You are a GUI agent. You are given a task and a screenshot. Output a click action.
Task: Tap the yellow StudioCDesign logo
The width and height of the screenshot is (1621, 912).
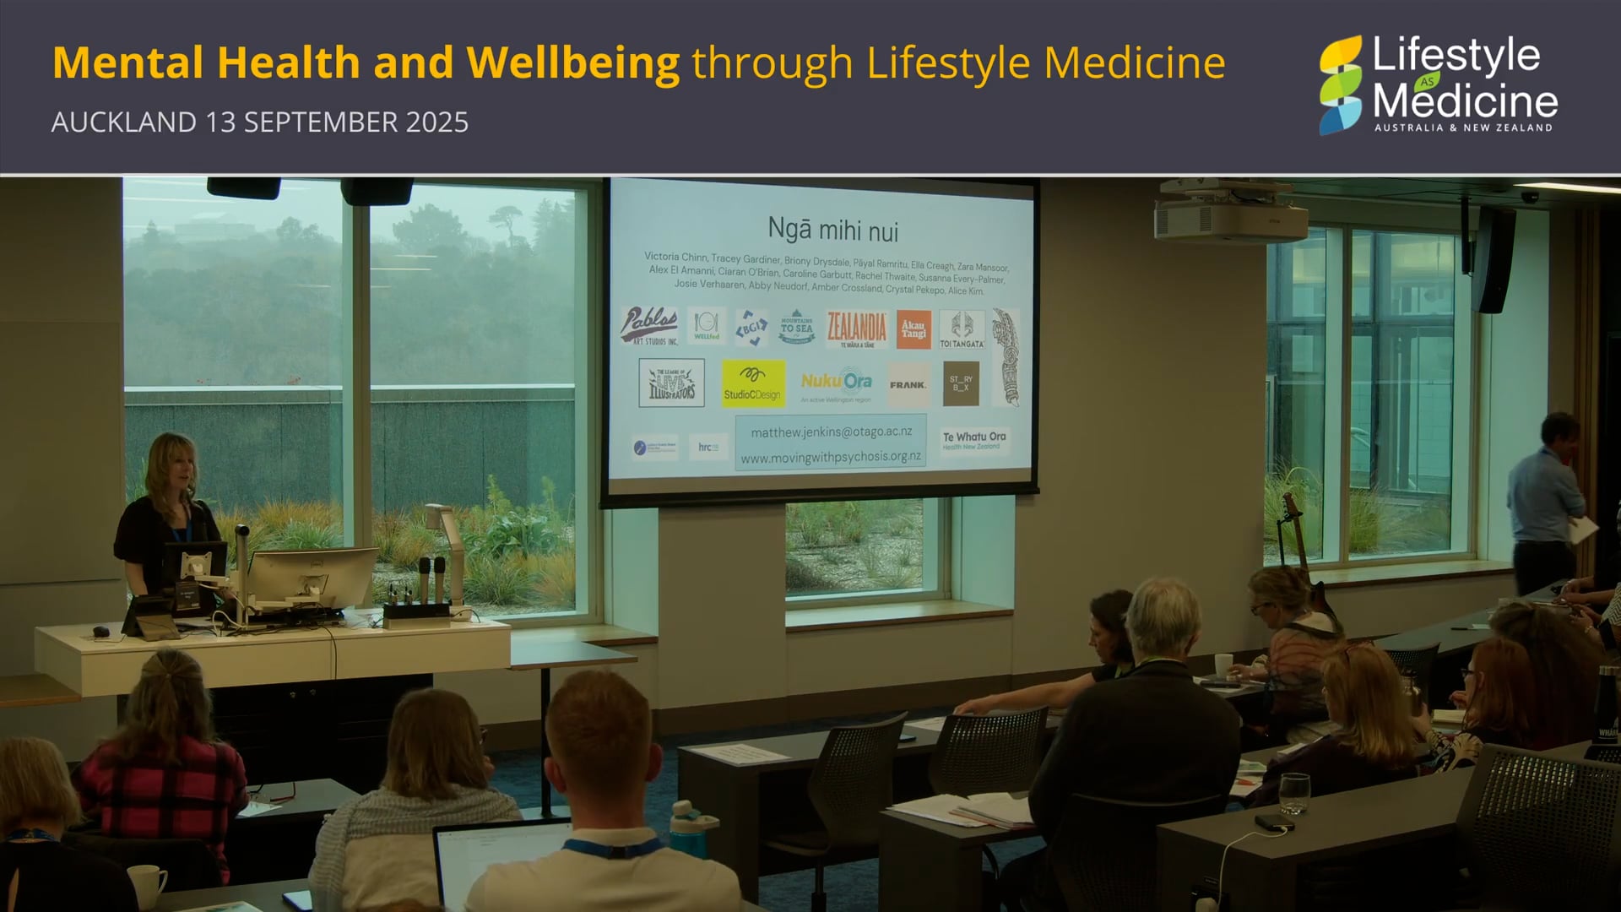(x=752, y=383)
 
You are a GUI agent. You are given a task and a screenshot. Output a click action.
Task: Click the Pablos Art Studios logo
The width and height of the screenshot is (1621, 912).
(x=648, y=326)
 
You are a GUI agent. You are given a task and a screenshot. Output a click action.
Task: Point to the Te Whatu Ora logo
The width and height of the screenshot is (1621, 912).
(x=974, y=440)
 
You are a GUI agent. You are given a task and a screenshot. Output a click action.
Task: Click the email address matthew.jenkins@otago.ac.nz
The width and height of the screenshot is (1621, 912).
(x=831, y=432)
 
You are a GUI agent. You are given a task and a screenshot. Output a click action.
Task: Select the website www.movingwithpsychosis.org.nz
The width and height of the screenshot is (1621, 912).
(x=831, y=457)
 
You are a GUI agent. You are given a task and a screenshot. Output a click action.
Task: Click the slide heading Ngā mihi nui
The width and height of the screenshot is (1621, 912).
(x=832, y=230)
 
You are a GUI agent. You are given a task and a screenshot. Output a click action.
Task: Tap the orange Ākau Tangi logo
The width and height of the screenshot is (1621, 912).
(x=914, y=328)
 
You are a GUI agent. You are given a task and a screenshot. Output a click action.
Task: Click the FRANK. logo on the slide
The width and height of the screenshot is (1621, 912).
(x=908, y=385)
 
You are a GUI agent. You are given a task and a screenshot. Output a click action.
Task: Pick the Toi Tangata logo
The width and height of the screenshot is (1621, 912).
(x=962, y=328)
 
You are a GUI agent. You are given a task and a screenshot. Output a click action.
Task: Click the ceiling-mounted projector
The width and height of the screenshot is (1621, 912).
(x=1231, y=215)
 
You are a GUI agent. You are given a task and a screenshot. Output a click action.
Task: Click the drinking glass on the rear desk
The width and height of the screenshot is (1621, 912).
(x=1293, y=793)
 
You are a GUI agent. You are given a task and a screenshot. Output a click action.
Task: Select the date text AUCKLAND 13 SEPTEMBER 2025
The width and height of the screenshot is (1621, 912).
(x=259, y=122)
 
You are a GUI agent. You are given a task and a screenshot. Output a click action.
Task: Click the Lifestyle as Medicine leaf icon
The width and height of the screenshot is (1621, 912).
(x=1341, y=84)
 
